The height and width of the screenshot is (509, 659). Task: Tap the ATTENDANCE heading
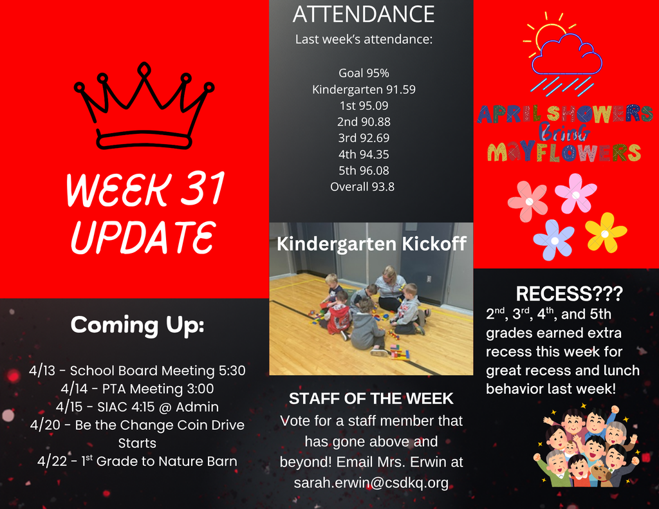click(x=364, y=14)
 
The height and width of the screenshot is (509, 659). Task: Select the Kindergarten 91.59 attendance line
click(x=364, y=89)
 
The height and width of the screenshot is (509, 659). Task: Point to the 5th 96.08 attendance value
click(x=364, y=171)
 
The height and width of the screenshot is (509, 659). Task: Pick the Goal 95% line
click(x=364, y=73)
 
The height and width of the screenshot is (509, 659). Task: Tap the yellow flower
click(x=605, y=232)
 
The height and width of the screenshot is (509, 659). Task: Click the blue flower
click(x=553, y=239)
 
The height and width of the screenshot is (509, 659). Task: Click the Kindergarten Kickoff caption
click(x=371, y=244)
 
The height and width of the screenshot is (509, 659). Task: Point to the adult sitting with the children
click(x=390, y=287)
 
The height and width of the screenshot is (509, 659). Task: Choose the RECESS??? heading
click(x=569, y=295)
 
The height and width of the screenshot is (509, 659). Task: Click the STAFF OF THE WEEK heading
click(x=371, y=399)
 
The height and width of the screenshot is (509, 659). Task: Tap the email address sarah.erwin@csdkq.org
click(x=371, y=483)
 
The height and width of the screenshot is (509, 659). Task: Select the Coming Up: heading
click(x=137, y=325)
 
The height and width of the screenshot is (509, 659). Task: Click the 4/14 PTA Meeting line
click(x=137, y=389)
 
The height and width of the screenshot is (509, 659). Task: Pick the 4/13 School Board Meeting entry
click(x=137, y=371)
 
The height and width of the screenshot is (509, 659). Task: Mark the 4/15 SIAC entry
click(x=137, y=407)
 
